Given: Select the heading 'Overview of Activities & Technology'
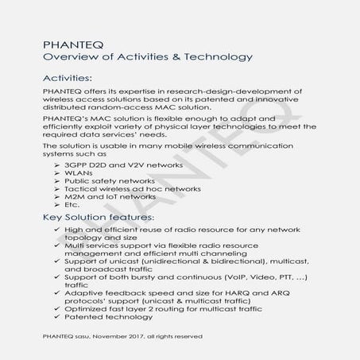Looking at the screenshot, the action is (148, 57).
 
